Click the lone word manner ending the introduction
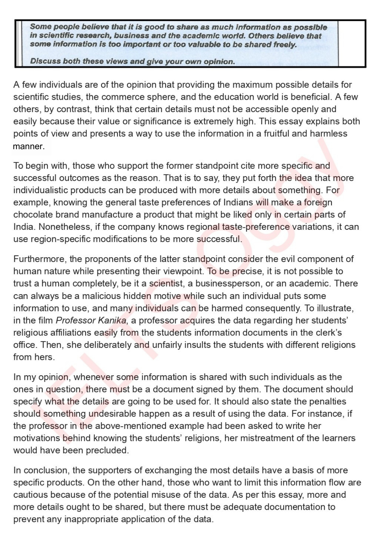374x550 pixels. click(x=29, y=146)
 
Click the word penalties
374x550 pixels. click(x=325, y=402)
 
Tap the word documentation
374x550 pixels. click(x=294, y=507)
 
